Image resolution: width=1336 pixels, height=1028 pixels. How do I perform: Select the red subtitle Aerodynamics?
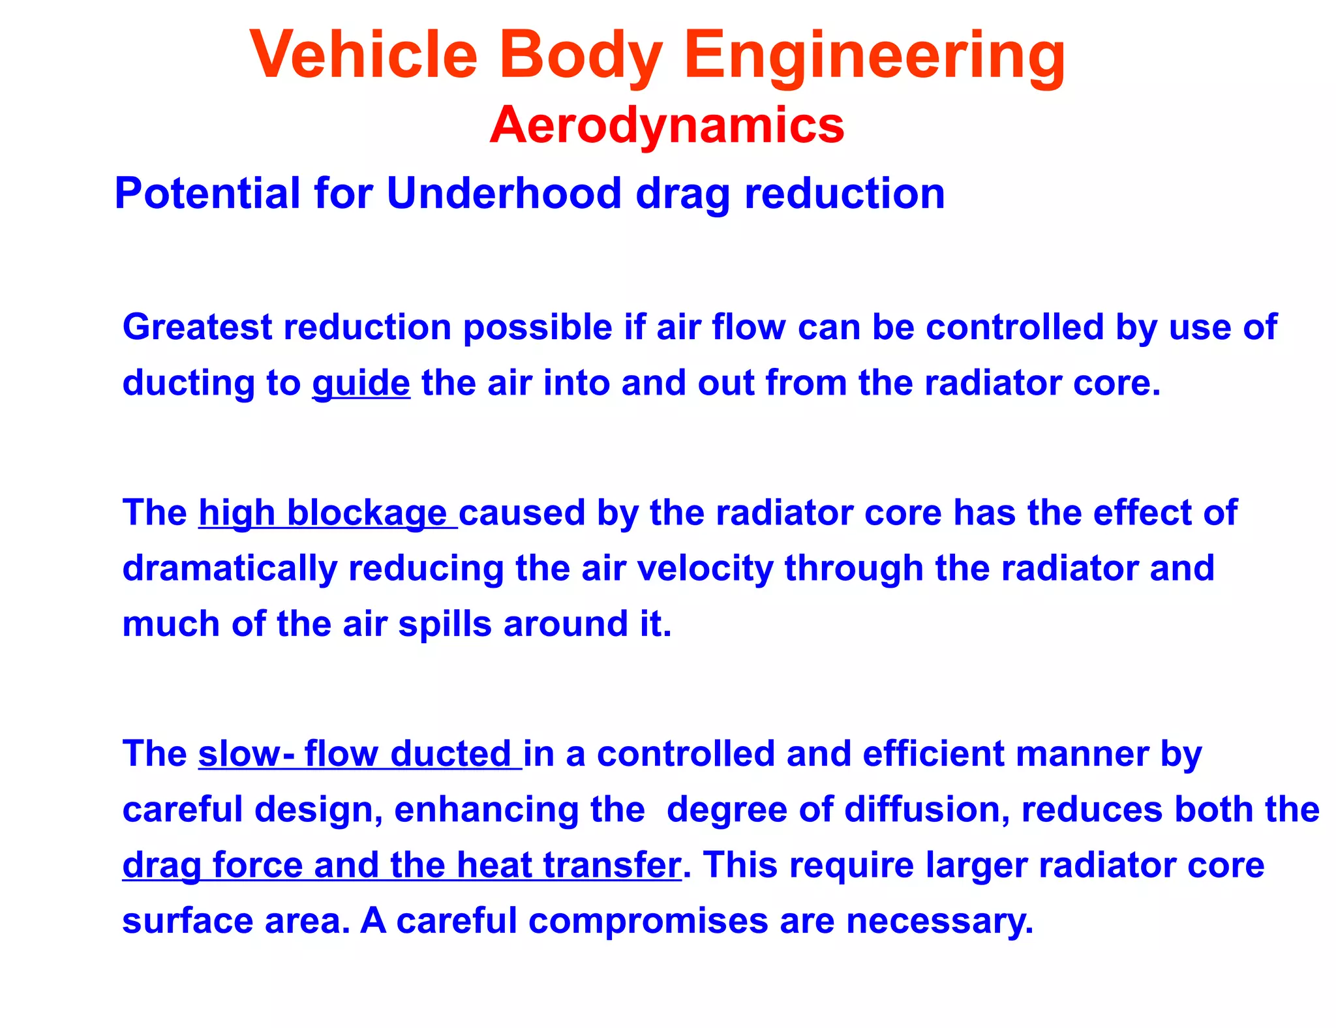tap(667, 125)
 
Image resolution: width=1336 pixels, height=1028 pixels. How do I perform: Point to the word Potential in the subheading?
tap(207, 194)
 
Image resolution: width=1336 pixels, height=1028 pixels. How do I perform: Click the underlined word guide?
tap(361, 383)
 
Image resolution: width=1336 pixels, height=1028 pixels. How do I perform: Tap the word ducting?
tap(188, 383)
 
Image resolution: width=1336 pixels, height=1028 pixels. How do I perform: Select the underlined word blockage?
tap(367, 513)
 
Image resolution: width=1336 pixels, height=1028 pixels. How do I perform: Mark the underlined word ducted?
tap(450, 754)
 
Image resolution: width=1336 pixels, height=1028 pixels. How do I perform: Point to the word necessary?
tap(939, 921)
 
